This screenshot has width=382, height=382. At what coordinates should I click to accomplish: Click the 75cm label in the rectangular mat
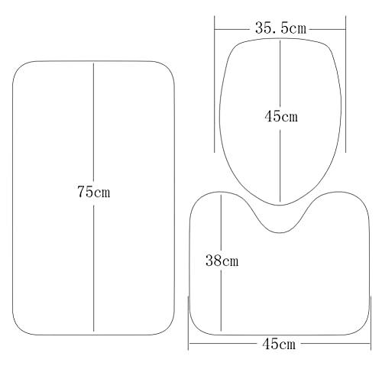pos(94,192)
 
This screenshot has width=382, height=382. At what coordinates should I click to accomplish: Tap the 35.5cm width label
pos(280,28)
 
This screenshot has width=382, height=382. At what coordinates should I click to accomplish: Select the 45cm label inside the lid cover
pos(281,117)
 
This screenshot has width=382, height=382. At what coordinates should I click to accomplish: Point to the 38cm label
pos(222,261)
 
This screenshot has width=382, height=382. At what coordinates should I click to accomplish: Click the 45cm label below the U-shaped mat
pos(279,344)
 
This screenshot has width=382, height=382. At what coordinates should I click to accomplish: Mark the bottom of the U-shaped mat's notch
pos(280,232)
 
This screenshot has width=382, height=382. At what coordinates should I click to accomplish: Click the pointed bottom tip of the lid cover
pos(280,205)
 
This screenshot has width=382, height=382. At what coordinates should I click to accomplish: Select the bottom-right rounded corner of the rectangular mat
pos(167,328)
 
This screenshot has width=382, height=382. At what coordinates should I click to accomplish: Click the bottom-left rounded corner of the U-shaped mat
pos(196,329)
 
